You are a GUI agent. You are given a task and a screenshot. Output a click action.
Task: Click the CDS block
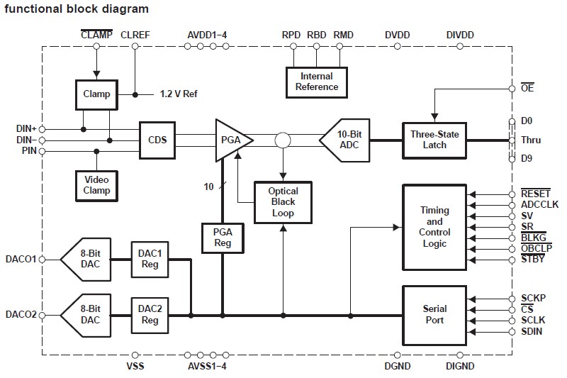point(157,139)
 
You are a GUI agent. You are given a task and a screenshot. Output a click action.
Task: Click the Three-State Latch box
point(434,139)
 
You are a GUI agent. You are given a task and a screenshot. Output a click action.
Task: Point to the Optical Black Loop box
point(283,202)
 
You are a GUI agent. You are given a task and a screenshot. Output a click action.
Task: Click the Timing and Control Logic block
point(434,226)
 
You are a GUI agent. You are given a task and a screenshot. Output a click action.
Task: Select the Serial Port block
point(434,314)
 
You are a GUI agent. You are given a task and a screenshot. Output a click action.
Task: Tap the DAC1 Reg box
point(150,259)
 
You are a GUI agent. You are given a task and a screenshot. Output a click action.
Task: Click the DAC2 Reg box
point(150,314)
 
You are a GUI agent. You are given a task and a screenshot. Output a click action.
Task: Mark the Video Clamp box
point(97,185)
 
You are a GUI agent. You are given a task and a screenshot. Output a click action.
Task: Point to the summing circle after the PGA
point(283,140)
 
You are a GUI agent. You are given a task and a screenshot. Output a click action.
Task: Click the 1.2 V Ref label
point(178,94)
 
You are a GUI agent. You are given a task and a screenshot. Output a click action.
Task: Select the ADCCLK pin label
point(539,204)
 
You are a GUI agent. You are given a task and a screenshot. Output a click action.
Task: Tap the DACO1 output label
point(21,259)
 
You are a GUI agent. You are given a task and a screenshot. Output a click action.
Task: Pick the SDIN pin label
point(532,331)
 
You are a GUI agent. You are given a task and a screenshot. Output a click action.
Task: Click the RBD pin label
point(316,35)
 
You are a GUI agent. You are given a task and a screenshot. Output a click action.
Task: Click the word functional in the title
point(30,9)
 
